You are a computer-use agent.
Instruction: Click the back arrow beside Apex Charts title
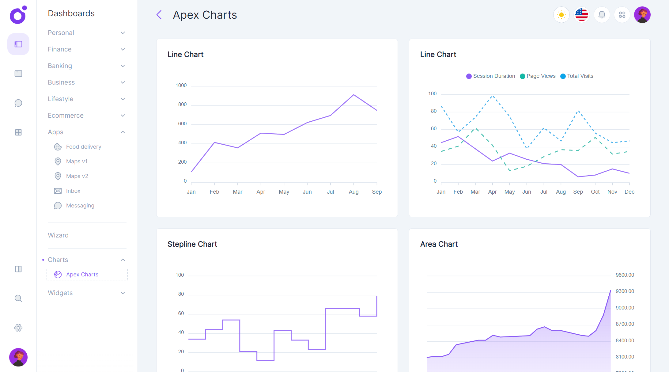[159, 15]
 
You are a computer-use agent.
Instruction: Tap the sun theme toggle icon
[561, 15]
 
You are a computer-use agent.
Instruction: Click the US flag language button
[581, 15]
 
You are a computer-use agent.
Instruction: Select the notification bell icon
[602, 15]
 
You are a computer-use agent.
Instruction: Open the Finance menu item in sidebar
[60, 49]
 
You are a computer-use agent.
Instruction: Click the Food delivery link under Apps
[83, 147]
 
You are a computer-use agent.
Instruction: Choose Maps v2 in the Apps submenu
[77, 176]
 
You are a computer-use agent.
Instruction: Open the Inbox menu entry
[73, 191]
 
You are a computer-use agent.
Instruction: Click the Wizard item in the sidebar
[58, 235]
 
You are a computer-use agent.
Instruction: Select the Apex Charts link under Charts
[82, 275]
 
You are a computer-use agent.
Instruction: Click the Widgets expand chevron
[123, 293]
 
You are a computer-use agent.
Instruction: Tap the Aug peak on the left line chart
[353, 95]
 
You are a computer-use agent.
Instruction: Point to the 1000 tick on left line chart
[181, 85]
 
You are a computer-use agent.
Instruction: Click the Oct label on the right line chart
[595, 192]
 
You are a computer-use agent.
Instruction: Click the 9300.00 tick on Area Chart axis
[625, 291]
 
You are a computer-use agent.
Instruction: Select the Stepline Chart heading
[192, 244]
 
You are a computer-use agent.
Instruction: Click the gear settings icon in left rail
[18, 328]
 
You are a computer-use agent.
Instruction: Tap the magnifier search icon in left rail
[18, 298]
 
